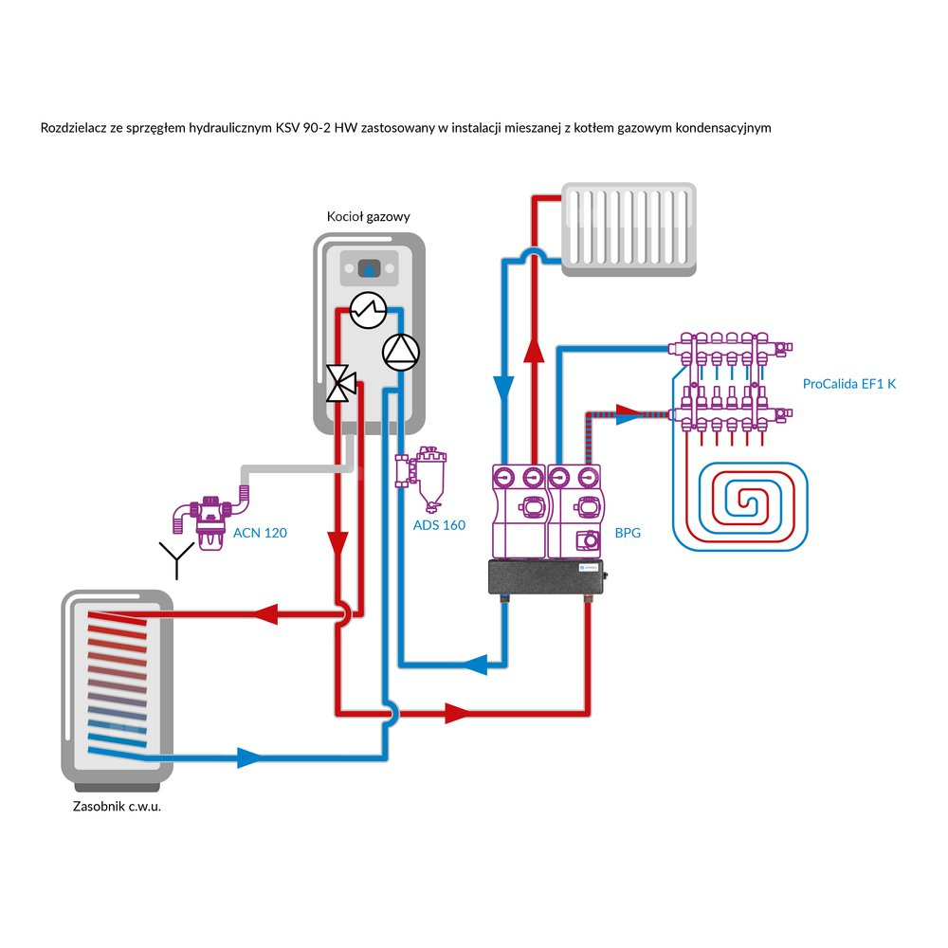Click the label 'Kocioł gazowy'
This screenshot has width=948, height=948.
point(368,217)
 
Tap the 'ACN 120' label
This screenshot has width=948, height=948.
point(259,533)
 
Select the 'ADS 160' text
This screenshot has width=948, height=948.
point(439,524)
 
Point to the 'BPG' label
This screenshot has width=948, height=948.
point(628,533)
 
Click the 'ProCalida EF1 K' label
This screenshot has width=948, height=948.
point(848,385)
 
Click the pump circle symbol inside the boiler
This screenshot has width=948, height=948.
point(398,352)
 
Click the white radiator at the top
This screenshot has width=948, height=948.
point(629,230)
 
